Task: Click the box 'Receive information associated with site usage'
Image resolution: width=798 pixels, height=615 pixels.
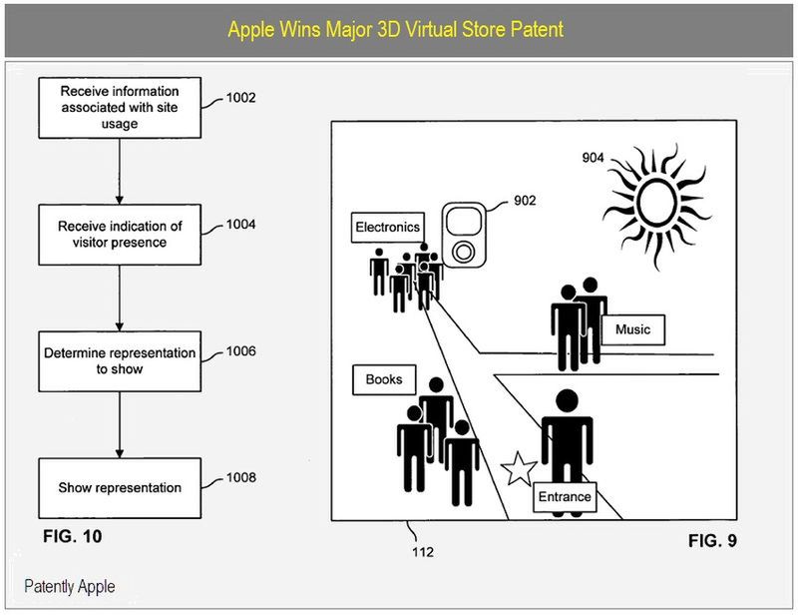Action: click(x=119, y=108)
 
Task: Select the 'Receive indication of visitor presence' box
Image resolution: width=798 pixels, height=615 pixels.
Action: click(x=119, y=234)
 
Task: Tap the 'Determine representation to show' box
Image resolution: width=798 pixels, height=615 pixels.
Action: click(x=119, y=360)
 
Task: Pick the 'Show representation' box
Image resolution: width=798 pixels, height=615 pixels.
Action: click(x=119, y=487)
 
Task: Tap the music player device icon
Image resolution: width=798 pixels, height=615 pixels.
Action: click(x=464, y=235)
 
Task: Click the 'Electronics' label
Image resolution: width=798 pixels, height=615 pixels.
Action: click(x=388, y=228)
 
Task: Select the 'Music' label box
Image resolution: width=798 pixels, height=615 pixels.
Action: click(x=632, y=329)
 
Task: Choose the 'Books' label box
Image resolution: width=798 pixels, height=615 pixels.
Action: click(x=384, y=379)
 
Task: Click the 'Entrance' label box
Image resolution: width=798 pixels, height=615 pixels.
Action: click(x=564, y=497)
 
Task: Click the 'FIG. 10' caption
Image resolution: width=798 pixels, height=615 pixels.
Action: click(x=72, y=537)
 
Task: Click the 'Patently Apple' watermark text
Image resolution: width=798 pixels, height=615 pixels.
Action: click(x=70, y=586)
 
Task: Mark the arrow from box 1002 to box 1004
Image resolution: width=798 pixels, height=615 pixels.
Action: click(x=119, y=172)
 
